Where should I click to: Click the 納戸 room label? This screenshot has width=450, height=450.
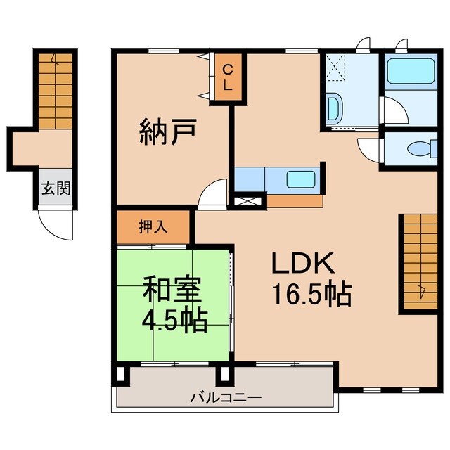tap(167, 131)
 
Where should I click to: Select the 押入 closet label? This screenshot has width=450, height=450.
tap(153, 227)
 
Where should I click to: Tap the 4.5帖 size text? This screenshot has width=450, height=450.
tap(174, 321)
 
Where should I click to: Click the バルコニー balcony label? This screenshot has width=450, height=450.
tap(226, 397)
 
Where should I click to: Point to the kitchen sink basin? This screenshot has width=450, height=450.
tap(300, 179)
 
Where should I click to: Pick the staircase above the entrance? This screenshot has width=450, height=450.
tap(53, 92)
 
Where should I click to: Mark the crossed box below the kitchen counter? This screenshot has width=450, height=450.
tap(249, 201)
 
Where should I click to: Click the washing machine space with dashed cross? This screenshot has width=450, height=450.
tap(336, 69)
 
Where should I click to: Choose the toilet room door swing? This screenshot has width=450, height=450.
tap(369, 150)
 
